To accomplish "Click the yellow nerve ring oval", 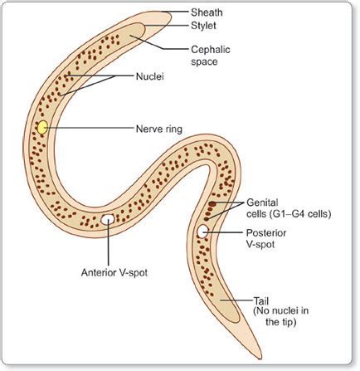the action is [42, 127].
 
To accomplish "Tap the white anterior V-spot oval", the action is [108, 219].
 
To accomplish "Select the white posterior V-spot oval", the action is [202, 232].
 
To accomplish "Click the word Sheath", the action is [207, 12].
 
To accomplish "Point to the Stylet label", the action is [203, 26].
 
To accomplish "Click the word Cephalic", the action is [211, 50].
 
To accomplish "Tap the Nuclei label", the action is [150, 76].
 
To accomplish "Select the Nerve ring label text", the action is [159, 129].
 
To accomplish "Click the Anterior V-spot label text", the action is [114, 273].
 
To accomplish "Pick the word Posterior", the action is [266, 233].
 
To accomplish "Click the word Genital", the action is [262, 203].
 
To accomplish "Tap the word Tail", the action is [260, 301].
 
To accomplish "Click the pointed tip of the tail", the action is [260, 359].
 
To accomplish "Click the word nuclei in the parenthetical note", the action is [286, 310].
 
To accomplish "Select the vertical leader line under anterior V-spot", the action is [108, 243].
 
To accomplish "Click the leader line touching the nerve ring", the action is [89, 128].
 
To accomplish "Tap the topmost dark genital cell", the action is [212, 204].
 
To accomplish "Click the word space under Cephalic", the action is [204, 61].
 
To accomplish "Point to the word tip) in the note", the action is [289, 322].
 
